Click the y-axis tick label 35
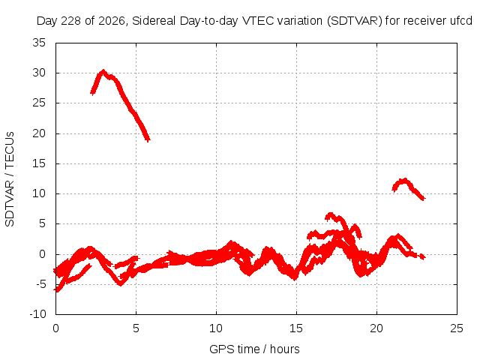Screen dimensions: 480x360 point(39,43)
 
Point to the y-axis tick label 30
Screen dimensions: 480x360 point(39,73)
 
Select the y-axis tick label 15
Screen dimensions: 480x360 point(39,163)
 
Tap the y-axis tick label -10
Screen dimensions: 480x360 point(37,314)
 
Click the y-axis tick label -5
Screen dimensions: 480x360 point(40,284)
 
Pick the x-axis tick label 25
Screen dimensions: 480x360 point(457,328)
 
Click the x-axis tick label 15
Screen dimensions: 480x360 point(296,328)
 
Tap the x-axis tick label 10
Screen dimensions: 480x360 point(216,328)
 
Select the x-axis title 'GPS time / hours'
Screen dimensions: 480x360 point(254,349)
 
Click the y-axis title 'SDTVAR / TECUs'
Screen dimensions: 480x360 point(10,179)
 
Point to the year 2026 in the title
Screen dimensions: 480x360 point(111,22)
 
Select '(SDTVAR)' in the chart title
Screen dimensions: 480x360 point(355,21)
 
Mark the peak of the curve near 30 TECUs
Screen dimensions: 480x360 point(103,71)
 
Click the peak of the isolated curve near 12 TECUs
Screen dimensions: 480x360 point(405,180)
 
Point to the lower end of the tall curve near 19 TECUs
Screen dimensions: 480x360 point(148,140)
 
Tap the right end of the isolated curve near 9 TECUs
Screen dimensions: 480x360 point(423,198)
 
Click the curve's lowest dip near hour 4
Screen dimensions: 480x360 point(121,284)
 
